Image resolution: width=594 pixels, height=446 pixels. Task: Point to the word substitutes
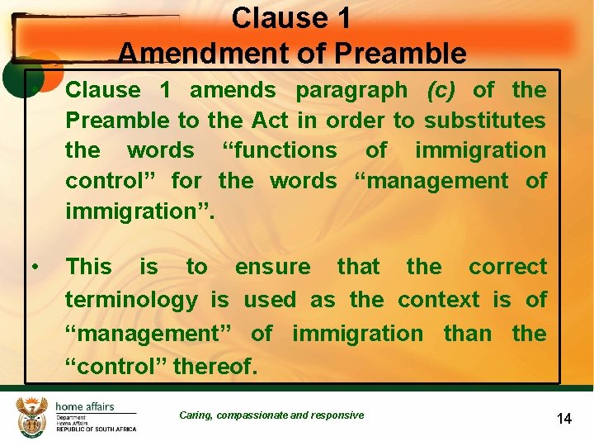485,120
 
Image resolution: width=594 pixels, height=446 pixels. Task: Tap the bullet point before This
35,267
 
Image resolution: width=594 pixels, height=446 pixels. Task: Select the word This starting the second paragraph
88,267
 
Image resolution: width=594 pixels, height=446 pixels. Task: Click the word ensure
273,267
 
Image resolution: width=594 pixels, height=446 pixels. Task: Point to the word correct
507,267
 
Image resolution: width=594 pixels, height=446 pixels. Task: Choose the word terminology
132,300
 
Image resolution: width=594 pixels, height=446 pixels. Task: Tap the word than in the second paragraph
467,333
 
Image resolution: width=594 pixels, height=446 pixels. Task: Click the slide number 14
564,419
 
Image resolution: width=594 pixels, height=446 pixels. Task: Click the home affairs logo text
85,406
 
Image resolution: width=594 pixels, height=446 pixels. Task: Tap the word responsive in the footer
338,415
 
